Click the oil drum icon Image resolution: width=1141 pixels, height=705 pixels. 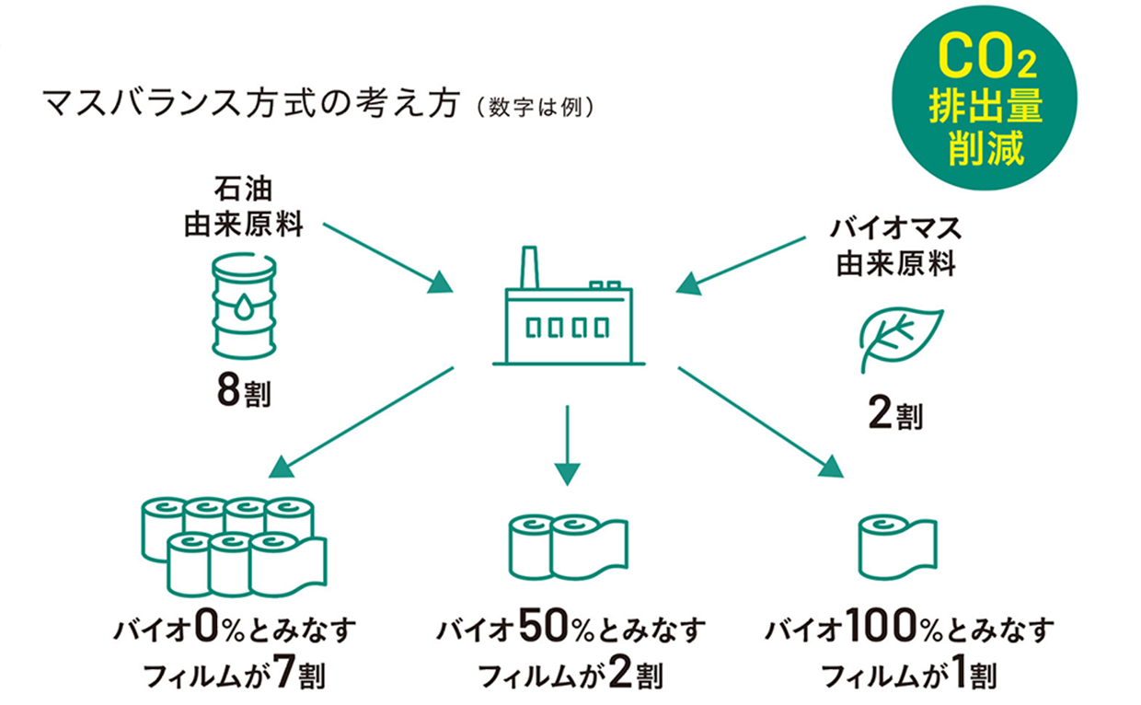(x=244, y=306)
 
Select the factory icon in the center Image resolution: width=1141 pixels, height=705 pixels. (x=569, y=313)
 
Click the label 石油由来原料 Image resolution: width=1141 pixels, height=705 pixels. (x=244, y=209)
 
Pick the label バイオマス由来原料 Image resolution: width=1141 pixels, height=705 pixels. (x=895, y=246)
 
